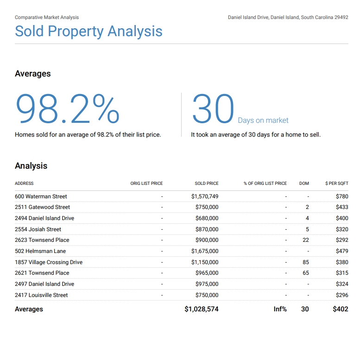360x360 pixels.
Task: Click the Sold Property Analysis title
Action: pyautogui.click(x=88, y=31)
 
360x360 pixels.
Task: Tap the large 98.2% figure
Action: pyautogui.click(x=68, y=109)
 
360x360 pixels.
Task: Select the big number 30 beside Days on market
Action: pyautogui.click(x=213, y=109)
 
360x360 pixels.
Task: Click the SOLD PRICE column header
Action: pyautogui.click(x=207, y=183)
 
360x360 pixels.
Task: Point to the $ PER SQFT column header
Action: pyautogui.click(x=337, y=183)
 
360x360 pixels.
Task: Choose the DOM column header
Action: pyautogui.click(x=304, y=183)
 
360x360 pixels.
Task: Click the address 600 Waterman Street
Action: pyautogui.click(x=41, y=196)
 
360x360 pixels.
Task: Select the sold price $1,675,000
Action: pyautogui.click(x=205, y=251)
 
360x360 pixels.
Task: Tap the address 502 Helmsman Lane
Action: pyautogui.click(x=40, y=251)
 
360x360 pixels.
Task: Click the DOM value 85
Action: pyautogui.click(x=306, y=262)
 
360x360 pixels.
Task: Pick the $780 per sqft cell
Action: pyautogui.click(x=342, y=196)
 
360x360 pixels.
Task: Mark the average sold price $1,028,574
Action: pyautogui.click(x=202, y=309)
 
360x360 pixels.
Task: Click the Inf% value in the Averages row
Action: pyautogui.click(x=280, y=309)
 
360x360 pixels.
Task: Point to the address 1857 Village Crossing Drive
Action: pyautogui.click(x=49, y=262)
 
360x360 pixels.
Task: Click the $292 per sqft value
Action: pyautogui.click(x=342, y=240)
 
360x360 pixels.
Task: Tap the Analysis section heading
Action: pyautogui.click(x=31, y=166)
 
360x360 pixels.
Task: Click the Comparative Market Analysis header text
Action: pyautogui.click(x=47, y=18)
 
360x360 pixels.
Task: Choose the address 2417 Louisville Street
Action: pyautogui.click(x=41, y=295)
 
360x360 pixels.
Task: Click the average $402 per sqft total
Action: pyautogui.click(x=341, y=309)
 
